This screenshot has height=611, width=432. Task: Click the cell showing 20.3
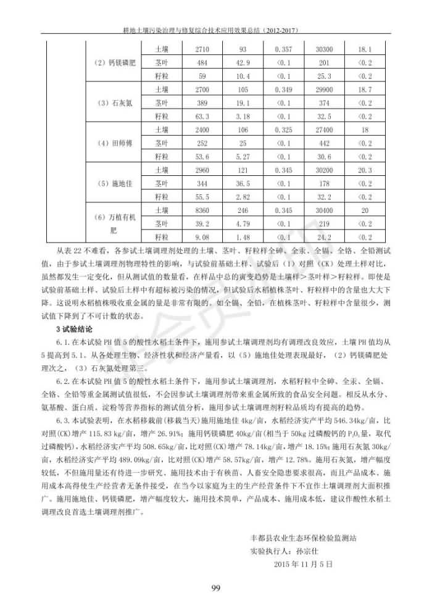pyautogui.click(x=365, y=170)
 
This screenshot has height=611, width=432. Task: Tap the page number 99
pyautogui.click(x=216, y=587)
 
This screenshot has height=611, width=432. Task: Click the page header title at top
pyautogui.click(x=215, y=29)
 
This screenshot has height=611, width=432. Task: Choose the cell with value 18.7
pyautogui.click(x=365, y=89)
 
